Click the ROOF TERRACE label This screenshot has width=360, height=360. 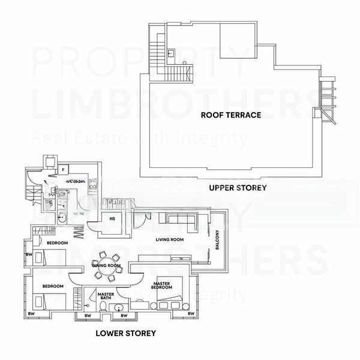[230, 114]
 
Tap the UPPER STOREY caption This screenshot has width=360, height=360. [238, 188]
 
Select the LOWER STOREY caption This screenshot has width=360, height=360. [126, 332]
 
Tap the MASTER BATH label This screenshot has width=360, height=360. [106, 296]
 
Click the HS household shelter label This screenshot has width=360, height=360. [112, 219]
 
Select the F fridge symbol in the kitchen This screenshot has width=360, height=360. [63, 170]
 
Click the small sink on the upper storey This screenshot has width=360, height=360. [171, 54]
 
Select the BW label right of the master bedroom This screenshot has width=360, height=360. [191, 314]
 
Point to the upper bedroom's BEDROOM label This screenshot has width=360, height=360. [58, 242]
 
